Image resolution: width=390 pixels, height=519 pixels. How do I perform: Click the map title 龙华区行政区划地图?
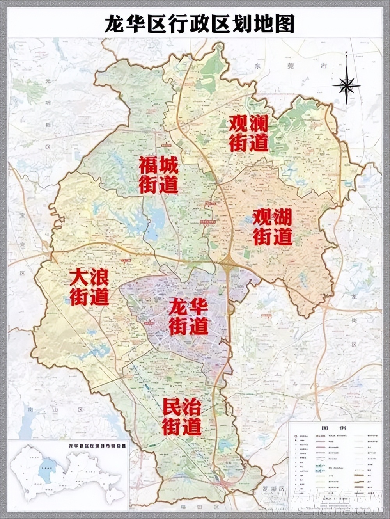pyautogui.click(x=199, y=24)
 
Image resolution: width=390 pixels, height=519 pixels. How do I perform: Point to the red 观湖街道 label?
pyautogui.click(x=273, y=227)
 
